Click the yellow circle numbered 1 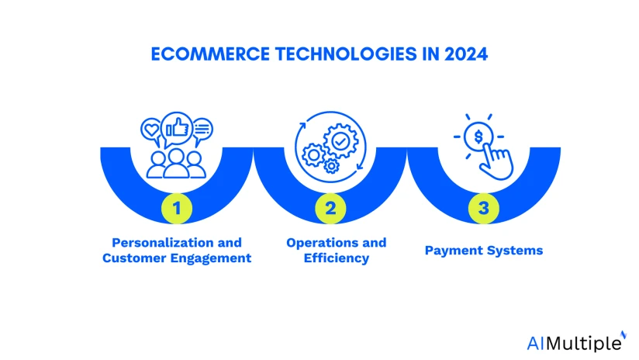[x=177, y=207]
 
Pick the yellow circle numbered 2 [x=330, y=207]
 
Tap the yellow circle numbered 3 [x=482, y=207]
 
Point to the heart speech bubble [x=151, y=128]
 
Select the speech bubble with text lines [x=202, y=128]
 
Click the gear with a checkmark [x=339, y=140]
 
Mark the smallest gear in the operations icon [x=332, y=165]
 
